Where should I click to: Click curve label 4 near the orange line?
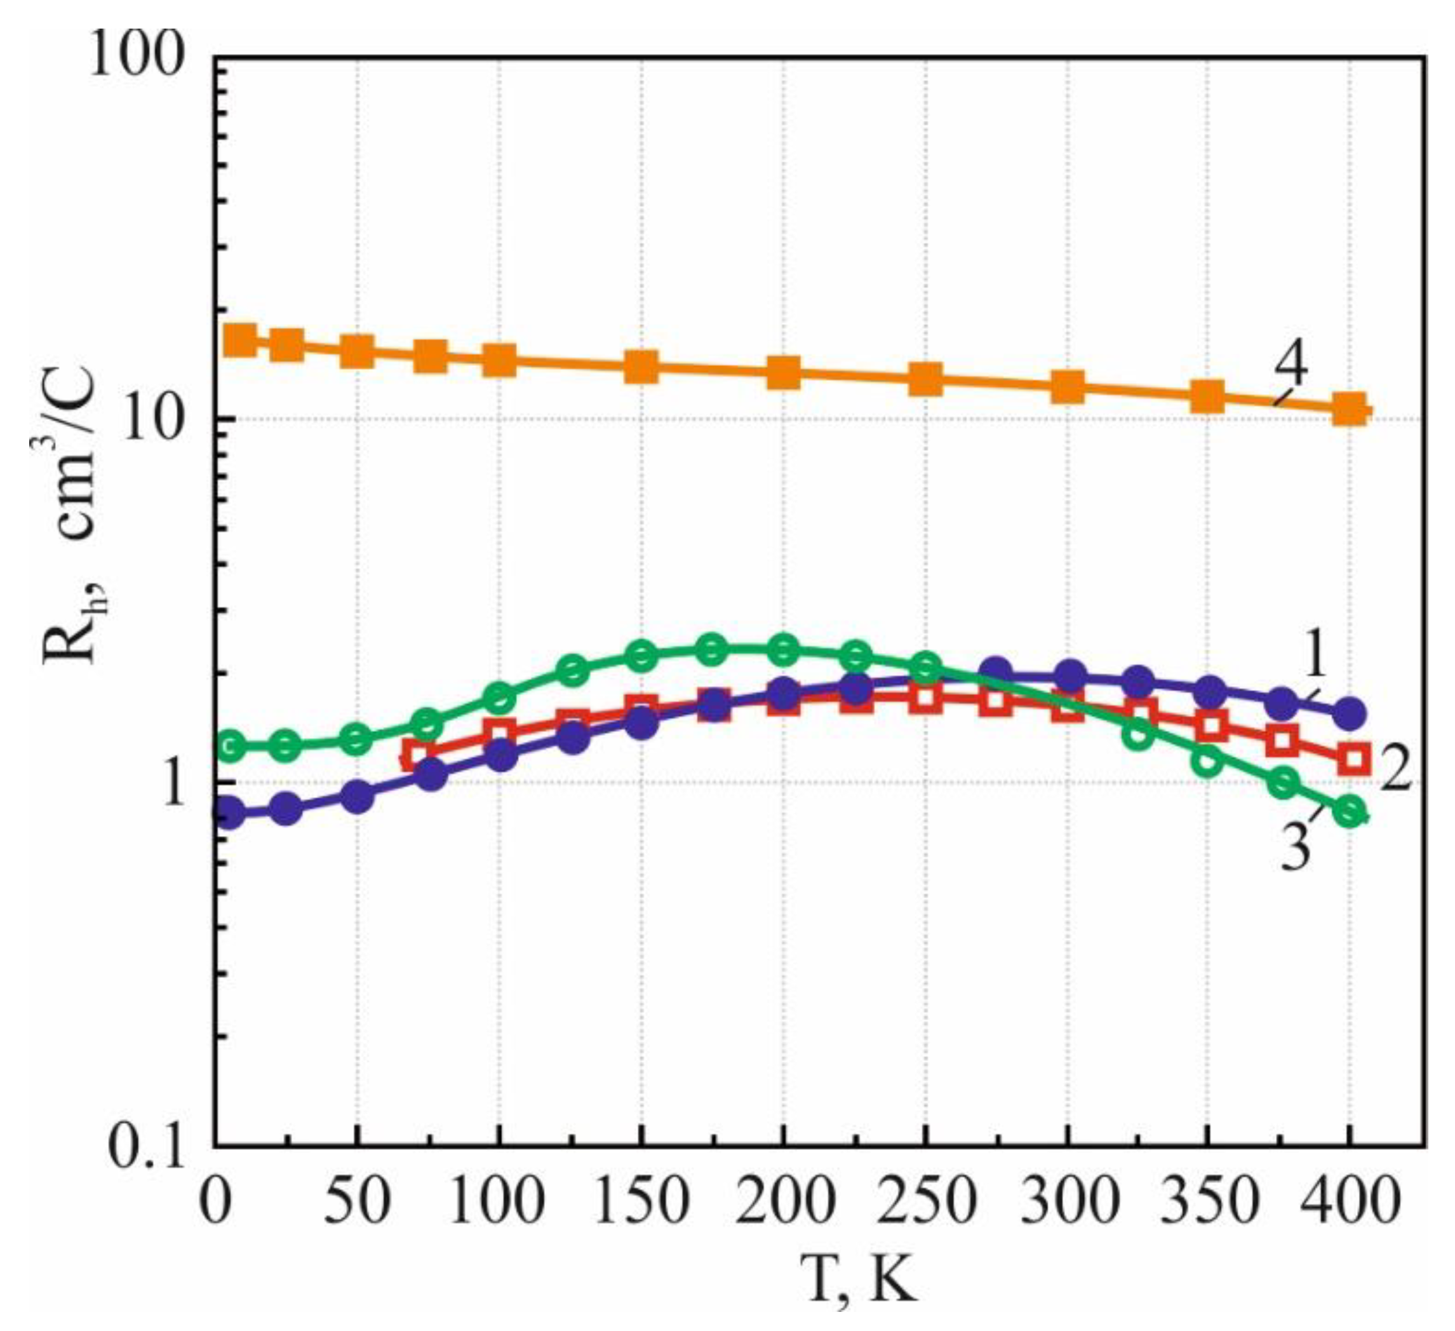pyautogui.click(x=1290, y=365)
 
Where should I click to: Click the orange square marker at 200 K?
pyautogui.click(x=782, y=372)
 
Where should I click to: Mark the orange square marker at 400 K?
pyautogui.click(x=1349, y=409)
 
